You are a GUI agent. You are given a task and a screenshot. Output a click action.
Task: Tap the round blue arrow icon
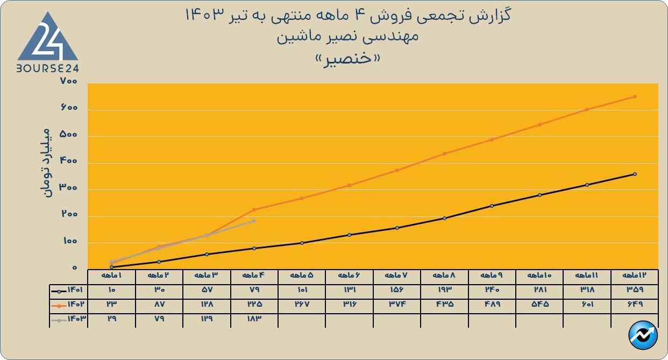click(643, 336)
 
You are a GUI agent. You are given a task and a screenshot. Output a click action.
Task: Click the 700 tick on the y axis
click(69, 81)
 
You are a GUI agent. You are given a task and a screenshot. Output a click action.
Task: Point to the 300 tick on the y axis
click(69, 188)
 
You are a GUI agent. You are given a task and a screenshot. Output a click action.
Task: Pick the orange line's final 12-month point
click(635, 97)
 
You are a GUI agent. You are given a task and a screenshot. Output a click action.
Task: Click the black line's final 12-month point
click(635, 174)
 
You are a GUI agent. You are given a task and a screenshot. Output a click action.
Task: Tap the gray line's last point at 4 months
click(254, 221)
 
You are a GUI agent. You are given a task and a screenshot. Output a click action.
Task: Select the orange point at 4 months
click(254, 209)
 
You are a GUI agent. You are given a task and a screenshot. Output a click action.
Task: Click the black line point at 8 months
click(444, 218)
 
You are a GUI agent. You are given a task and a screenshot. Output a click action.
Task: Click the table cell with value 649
click(635, 304)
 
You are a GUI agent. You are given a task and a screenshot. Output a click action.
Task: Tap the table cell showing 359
click(635, 290)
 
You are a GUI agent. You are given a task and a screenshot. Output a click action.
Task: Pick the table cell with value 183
click(254, 319)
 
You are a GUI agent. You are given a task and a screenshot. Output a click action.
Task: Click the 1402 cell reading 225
click(254, 304)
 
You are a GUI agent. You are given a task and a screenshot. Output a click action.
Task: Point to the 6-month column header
click(349, 276)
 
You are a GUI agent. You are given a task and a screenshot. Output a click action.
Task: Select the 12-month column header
click(635, 276)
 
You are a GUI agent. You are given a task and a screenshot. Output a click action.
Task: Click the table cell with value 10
click(111, 290)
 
